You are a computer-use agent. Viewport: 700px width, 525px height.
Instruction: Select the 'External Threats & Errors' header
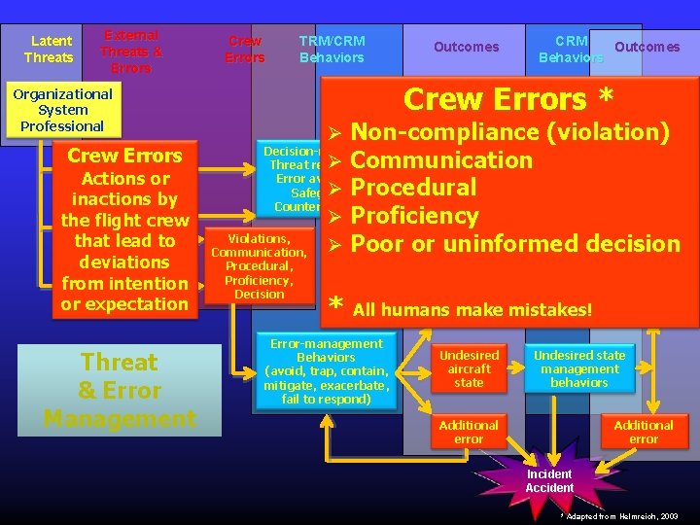tap(131, 52)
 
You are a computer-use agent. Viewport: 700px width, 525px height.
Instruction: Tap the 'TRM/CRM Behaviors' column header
tap(332, 49)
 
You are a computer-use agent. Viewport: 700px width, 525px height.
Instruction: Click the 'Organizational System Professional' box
tap(62, 110)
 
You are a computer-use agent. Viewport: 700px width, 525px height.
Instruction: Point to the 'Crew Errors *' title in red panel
tap(508, 99)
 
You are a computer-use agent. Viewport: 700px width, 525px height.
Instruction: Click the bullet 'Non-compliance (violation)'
tap(509, 132)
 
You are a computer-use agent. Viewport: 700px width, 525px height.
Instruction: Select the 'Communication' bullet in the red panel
tap(441, 160)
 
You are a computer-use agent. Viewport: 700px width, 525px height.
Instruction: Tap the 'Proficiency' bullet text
tap(414, 216)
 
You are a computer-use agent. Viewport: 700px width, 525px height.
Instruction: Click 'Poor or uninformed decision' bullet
tap(515, 243)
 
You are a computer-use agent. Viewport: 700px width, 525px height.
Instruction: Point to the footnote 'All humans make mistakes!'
tap(472, 310)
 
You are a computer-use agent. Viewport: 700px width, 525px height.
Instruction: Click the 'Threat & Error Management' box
tap(119, 390)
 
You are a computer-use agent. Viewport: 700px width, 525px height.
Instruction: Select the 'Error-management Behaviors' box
tap(326, 371)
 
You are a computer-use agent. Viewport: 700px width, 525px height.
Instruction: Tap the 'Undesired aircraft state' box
tap(469, 368)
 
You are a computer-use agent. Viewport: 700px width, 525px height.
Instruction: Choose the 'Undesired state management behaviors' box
tap(579, 368)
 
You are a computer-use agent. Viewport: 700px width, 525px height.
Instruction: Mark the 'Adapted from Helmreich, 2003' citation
tap(619, 516)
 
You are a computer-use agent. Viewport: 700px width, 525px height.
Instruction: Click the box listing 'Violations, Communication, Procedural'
tap(259, 265)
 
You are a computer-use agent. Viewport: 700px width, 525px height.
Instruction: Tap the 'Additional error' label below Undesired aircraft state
tap(469, 432)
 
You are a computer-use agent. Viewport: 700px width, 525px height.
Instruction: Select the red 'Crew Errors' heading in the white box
tap(124, 156)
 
